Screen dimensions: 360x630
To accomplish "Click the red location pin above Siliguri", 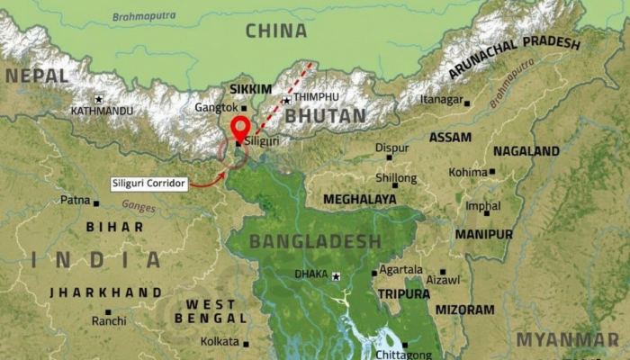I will click(239, 127).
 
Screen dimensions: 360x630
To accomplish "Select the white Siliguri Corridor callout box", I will click(149, 184).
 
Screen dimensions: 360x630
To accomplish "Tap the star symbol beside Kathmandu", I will click(98, 99).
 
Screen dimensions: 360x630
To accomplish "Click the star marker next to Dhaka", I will click(337, 275).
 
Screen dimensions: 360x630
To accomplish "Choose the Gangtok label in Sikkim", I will click(216, 107).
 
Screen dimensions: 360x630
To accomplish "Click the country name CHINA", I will click(275, 31).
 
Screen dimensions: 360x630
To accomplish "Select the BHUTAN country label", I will click(326, 116).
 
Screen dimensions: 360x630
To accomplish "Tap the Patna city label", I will click(75, 200).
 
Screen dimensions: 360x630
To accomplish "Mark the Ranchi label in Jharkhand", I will click(109, 320).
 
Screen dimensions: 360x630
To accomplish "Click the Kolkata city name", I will click(220, 342).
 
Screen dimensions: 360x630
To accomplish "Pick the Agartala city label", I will click(400, 269).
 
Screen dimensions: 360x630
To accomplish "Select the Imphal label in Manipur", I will click(482, 205).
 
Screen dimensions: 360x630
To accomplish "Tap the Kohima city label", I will click(467, 172).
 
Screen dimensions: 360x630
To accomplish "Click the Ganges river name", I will click(139, 206).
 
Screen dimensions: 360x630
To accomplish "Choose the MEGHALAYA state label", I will click(359, 199).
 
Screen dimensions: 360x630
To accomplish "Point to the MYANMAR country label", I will click(567, 340).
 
